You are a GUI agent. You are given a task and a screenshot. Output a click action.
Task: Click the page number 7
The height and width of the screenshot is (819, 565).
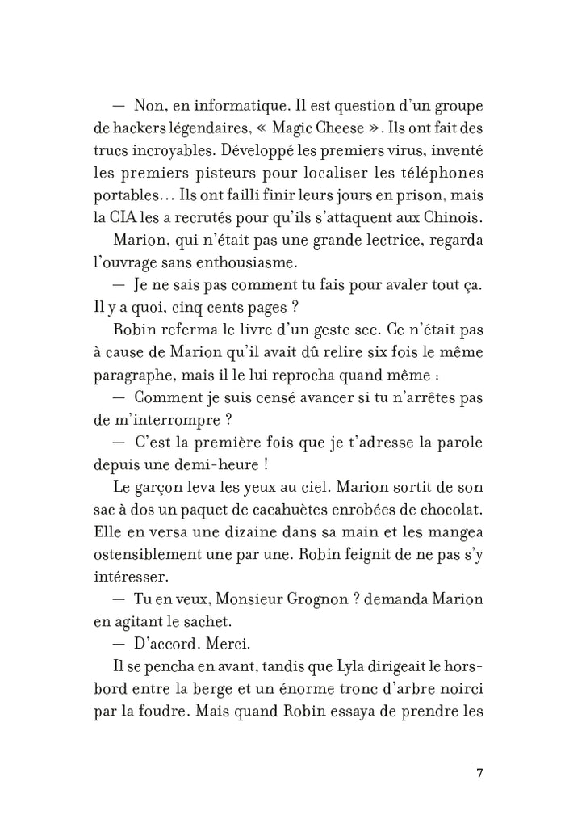click(x=479, y=772)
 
